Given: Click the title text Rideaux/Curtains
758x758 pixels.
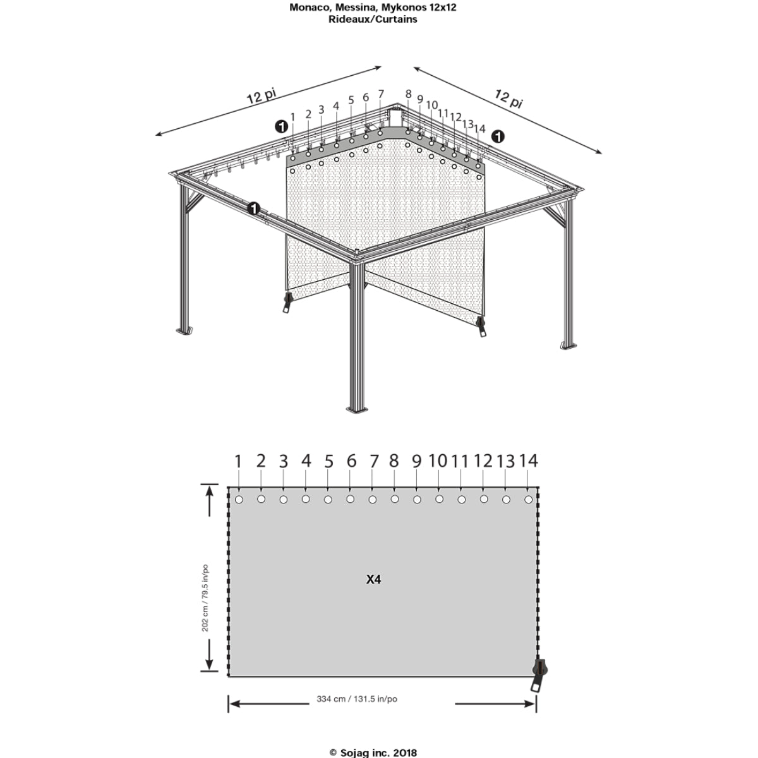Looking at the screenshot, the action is [x=373, y=20].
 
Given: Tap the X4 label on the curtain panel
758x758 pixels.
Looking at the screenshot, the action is [x=373, y=579].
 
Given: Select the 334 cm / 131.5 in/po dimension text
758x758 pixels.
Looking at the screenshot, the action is [x=357, y=699].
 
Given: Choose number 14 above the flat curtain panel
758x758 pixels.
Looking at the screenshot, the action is [x=529, y=460].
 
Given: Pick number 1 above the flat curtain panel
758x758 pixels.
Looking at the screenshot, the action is [x=238, y=461].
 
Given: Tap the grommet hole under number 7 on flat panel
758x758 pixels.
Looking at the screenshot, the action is [x=373, y=500].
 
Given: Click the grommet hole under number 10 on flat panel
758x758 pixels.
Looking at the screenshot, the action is [x=440, y=499].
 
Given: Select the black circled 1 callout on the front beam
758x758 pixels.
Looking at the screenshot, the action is [x=254, y=208].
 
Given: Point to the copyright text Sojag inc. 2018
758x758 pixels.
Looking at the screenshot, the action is [x=373, y=753].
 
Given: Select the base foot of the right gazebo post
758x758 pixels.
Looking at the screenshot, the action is [x=568, y=346].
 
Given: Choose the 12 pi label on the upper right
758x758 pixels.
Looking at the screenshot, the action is [x=508, y=99].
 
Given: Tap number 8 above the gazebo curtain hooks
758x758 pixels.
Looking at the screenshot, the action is [x=408, y=94].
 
